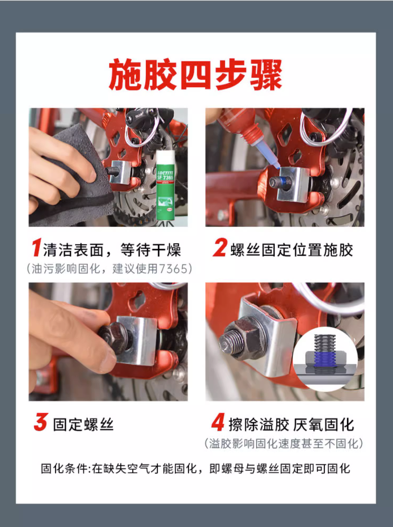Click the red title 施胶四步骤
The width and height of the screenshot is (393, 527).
195,75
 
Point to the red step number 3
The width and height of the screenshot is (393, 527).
41,422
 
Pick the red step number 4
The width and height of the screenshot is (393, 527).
218,422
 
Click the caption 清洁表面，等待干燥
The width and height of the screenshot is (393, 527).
112,249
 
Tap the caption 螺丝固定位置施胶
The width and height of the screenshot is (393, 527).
292,250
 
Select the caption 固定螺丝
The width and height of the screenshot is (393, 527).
83,424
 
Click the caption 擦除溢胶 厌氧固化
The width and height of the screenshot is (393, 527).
291,424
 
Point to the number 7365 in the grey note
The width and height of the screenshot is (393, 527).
173,269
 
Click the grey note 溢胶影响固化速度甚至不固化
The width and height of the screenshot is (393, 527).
284,443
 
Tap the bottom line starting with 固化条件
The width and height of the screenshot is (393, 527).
195,468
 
